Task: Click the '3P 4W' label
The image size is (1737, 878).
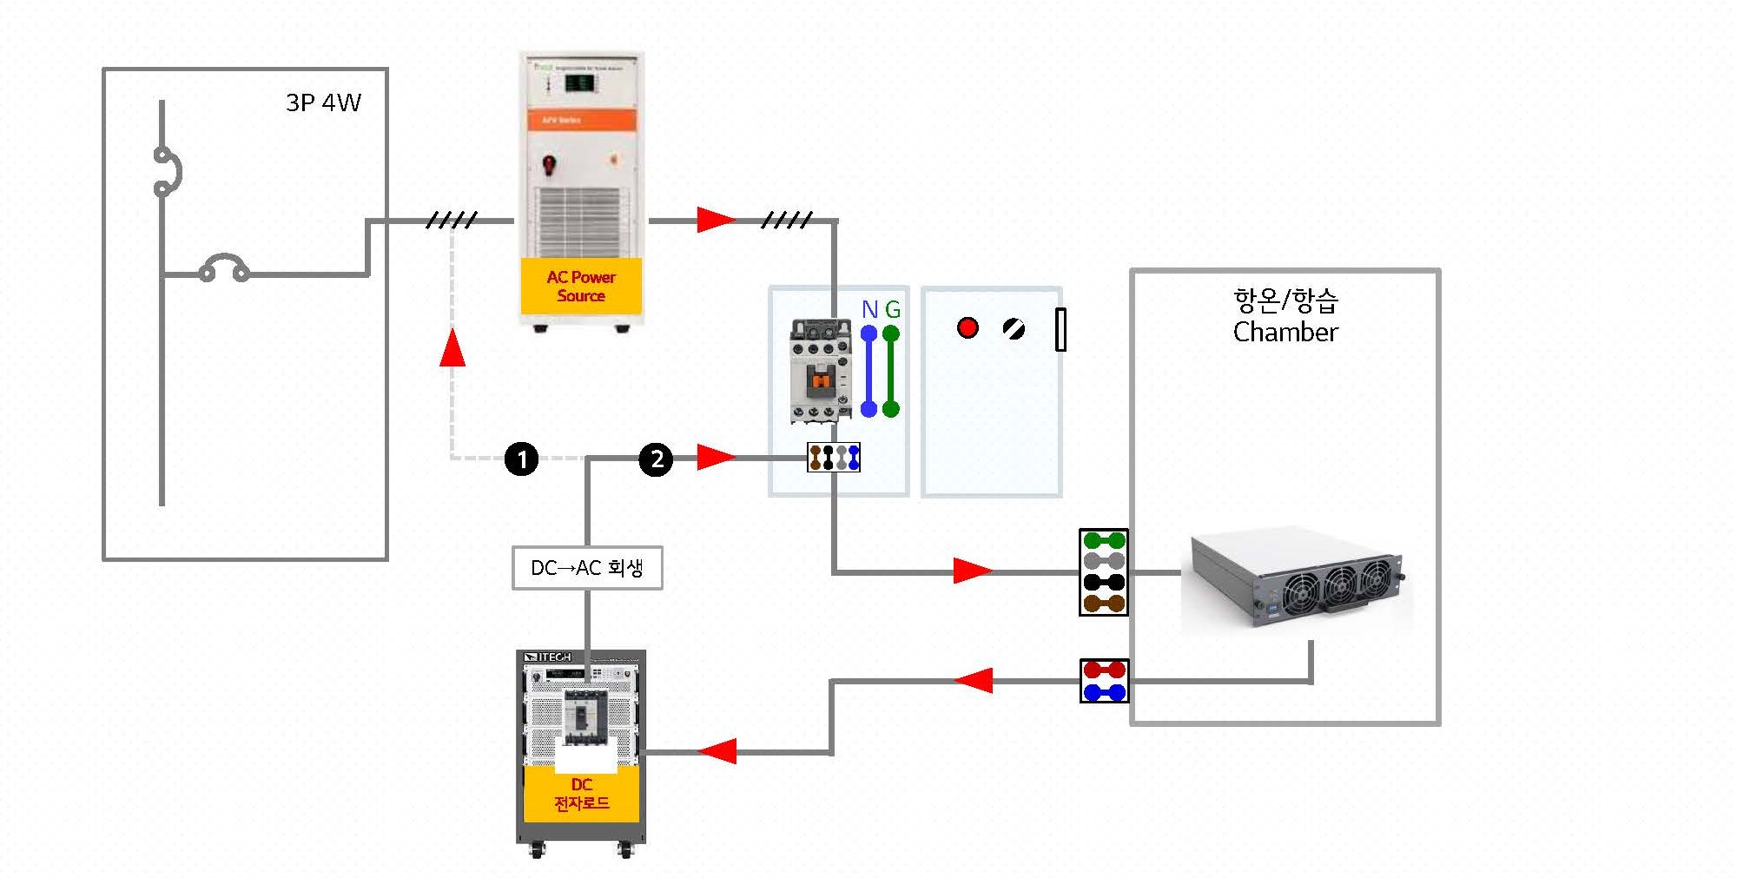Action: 323,102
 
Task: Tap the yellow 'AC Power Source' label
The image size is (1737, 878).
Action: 581,286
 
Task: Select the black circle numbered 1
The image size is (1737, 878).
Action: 521,459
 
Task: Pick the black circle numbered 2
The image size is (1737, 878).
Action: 657,459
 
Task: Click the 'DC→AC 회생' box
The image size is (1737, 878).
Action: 587,568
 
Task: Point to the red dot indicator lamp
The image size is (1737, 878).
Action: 968,327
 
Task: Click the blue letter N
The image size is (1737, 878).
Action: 869,309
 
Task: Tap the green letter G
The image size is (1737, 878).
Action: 892,309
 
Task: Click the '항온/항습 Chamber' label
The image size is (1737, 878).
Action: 1285,316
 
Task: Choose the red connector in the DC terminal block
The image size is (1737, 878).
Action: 1104,670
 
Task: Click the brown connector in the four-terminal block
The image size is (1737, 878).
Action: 1104,603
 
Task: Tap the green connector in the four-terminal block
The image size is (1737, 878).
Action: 1104,540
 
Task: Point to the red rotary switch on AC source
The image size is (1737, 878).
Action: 549,163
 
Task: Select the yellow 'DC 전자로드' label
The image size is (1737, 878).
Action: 581,794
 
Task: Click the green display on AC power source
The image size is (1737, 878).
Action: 579,83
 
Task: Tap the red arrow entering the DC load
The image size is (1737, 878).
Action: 717,751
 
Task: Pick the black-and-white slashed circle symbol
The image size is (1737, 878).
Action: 1014,328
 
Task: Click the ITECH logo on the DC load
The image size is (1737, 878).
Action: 549,657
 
